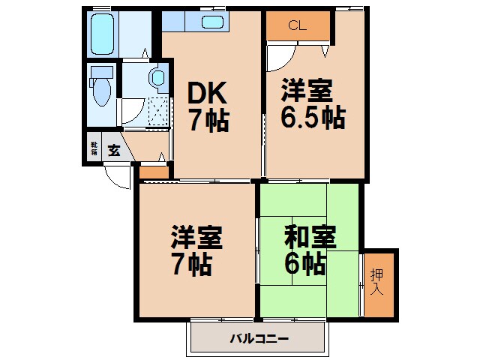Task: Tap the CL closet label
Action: click(297, 25)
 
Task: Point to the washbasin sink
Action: click(157, 77)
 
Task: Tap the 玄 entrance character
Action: click(113, 149)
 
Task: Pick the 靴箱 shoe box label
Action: click(94, 148)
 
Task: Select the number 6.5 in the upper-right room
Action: click(295, 118)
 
